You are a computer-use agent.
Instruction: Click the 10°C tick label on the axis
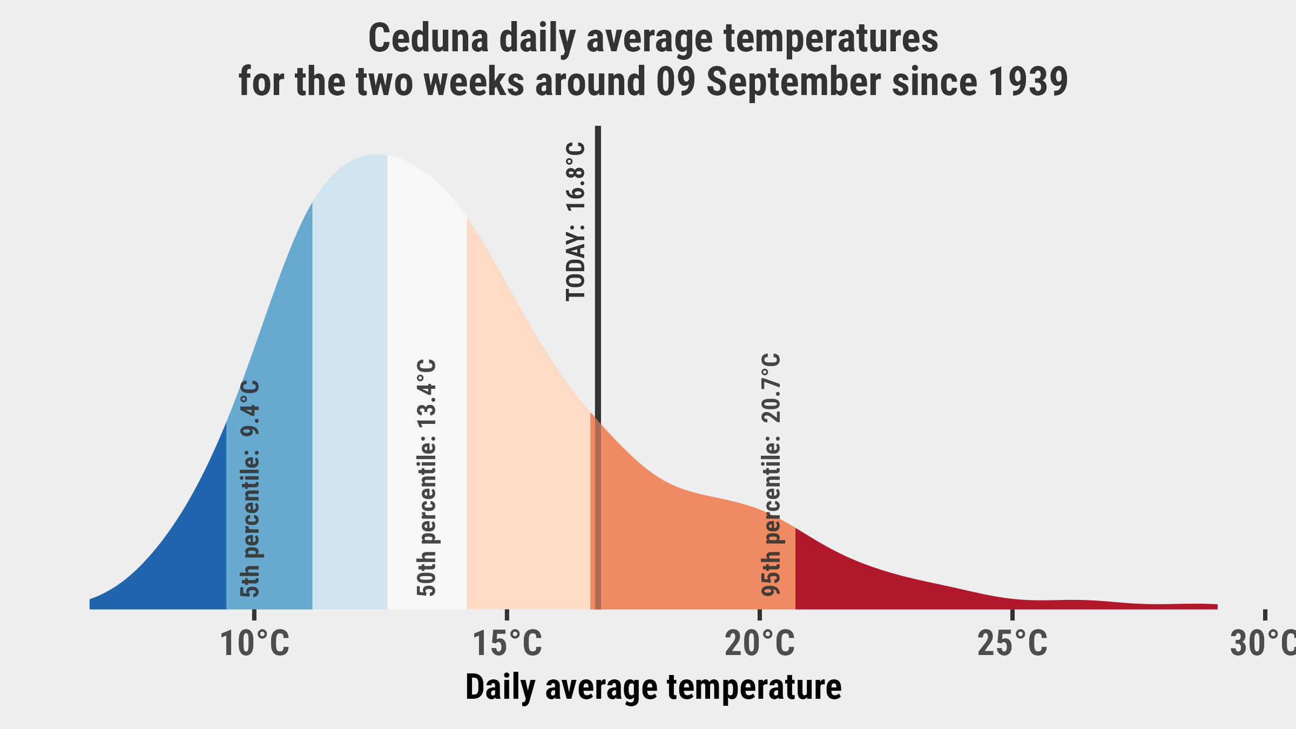click(254, 644)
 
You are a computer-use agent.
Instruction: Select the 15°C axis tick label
click(507, 644)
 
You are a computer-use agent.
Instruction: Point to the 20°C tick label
click(760, 644)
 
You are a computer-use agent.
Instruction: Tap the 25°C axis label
click(1013, 644)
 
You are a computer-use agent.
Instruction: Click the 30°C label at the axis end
click(1263, 644)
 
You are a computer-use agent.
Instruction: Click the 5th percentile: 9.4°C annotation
click(250, 489)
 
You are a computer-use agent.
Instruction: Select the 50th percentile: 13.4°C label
click(426, 478)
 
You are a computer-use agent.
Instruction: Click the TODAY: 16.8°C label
click(575, 221)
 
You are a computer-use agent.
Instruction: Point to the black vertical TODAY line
click(598, 368)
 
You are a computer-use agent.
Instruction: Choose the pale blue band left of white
click(349, 378)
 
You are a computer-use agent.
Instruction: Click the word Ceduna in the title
click(428, 38)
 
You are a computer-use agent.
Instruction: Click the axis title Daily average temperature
click(653, 688)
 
